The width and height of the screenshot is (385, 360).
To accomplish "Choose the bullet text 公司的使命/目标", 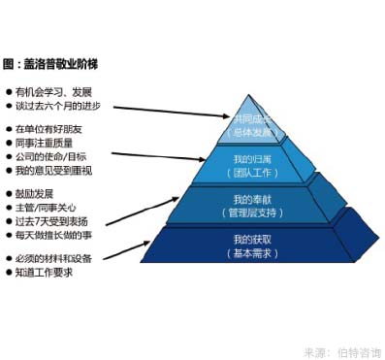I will point(50,157).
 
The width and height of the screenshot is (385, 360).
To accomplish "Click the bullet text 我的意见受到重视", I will point(53,171).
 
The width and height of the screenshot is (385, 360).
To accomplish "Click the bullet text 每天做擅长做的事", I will point(54,235).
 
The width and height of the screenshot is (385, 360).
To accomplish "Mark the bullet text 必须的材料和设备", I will point(54,259).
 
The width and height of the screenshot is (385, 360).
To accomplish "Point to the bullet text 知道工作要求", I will point(44,273).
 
